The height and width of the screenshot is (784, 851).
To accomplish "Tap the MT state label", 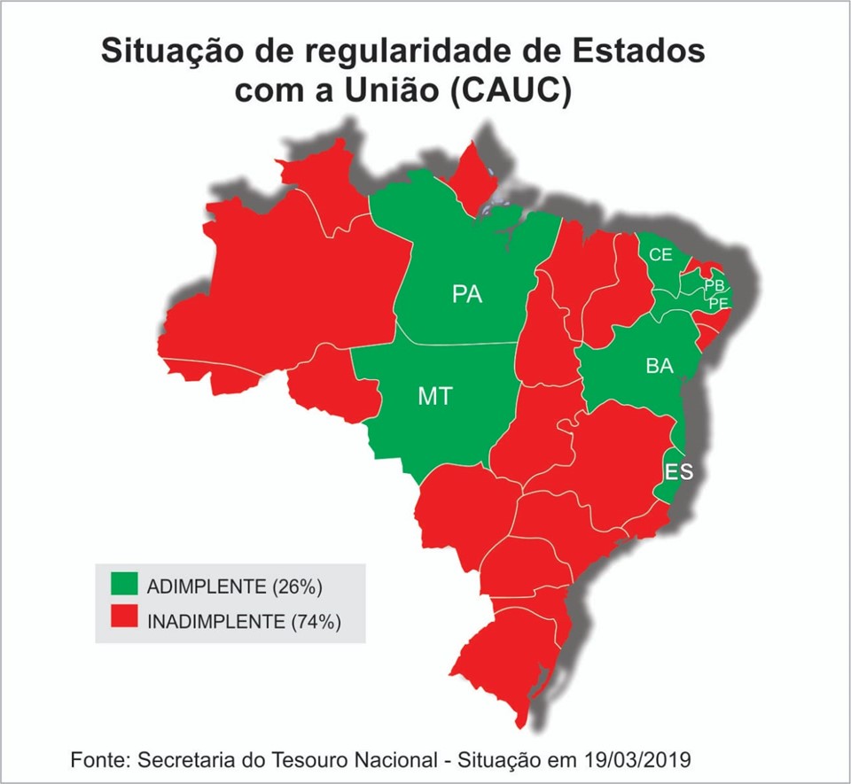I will coord(434,397).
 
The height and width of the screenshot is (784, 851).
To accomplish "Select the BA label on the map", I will coord(659,366).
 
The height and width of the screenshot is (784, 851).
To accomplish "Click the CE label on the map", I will coord(660,255).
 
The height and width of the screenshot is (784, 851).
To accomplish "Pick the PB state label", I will coord(714,286).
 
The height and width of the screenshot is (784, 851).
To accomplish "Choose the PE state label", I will coord(718,303).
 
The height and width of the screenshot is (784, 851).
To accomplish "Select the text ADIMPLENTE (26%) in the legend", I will coord(234,586).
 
